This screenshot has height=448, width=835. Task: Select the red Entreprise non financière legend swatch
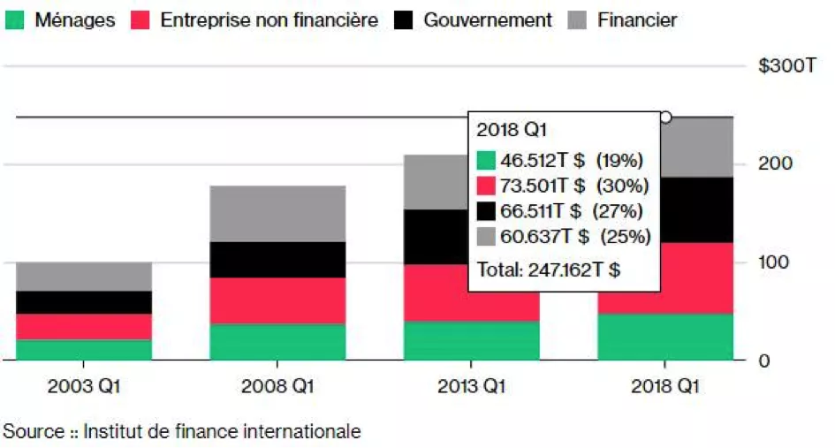pyautogui.click(x=140, y=19)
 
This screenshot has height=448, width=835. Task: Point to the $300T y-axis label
pyautogui.click(x=786, y=67)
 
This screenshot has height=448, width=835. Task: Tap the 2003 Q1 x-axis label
pyautogui.click(x=83, y=387)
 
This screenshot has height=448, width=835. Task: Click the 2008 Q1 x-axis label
pyautogui.click(x=277, y=387)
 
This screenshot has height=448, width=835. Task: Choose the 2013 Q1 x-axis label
pyautogui.click(x=472, y=387)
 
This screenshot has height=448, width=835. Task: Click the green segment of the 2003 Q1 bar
pyautogui.click(x=84, y=350)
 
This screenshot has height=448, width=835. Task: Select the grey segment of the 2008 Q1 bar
pyautogui.click(x=277, y=213)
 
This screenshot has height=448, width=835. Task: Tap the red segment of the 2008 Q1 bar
pyautogui.click(x=277, y=300)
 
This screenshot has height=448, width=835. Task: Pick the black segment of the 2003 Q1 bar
pyautogui.click(x=84, y=302)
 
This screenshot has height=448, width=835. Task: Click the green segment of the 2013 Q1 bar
pyautogui.click(x=472, y=340)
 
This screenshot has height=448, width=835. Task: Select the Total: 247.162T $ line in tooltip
pyautogui.click(x=548, y=270)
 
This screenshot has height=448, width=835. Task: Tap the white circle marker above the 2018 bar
pyautogui.click(x=665, y=117)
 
